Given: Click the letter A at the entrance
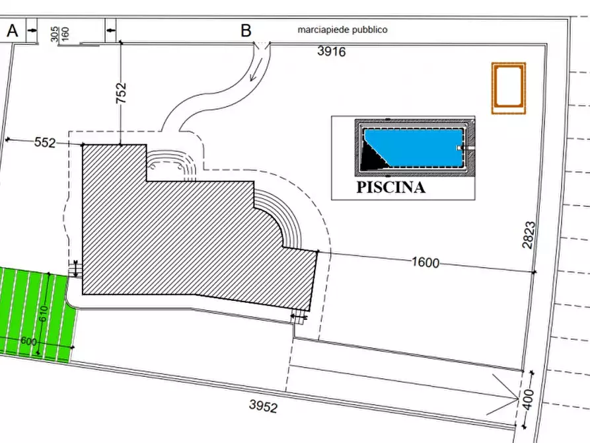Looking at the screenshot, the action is [13, 30].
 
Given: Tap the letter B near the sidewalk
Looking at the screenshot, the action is [246, 30].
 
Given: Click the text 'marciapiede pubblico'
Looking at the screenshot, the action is [342, 30].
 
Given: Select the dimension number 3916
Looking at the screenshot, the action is [331, 51].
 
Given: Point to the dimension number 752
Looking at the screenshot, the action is [121, 93].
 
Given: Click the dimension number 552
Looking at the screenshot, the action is [45, 142].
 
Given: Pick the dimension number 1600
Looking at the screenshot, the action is [425, 262].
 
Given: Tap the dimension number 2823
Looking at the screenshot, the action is [529, 235].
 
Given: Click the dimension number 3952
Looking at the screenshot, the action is [263, 406].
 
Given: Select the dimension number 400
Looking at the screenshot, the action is [528, 399].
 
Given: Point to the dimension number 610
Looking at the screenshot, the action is [43, 313].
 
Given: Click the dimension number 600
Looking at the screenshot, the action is [28, 341].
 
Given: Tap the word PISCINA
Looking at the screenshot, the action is [390, 188].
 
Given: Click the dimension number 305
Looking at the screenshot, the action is [55, 34].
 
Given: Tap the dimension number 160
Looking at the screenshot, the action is [65, 34].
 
